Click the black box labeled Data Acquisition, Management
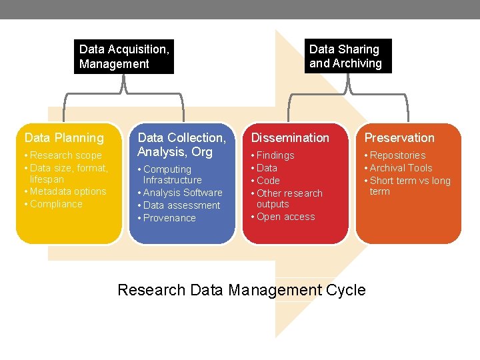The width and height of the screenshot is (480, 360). tap(124, 57)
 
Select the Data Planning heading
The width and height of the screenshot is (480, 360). tap(64, 138)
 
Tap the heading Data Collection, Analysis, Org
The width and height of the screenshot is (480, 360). tap(181, 145)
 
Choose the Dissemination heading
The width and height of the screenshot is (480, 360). tap(290, 138)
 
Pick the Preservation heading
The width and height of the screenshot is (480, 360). tap(399, 138)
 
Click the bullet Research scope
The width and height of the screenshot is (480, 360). tap(65, 155)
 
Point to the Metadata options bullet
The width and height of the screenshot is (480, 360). tap(68, 191)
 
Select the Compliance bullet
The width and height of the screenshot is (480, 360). tap(56, 204)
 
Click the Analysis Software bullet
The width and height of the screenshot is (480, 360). tap(183, 193)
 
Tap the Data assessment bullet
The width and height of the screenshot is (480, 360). tap(181, 205)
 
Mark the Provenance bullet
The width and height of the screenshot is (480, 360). tap(169, 218)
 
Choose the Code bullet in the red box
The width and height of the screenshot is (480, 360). tap(268, 181)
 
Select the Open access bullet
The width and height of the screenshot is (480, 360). tap(285, 217)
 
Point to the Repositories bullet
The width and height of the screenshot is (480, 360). tap(397, 155)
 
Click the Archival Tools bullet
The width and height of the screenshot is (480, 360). tap(401, 168)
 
